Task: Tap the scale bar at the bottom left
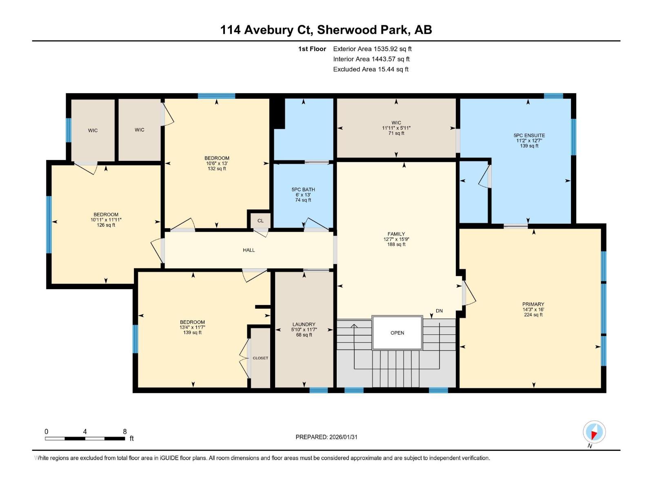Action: [85, 439]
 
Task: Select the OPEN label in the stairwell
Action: [397, 333]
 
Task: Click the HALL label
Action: [249, 250]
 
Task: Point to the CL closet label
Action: [261, 221]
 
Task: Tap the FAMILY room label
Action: [396, 234]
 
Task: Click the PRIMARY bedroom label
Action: [533, 304]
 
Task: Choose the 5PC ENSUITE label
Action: [529, 136]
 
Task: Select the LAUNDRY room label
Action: [304, 324]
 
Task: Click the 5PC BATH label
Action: [303, 189]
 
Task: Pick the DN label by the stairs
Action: [439, 311]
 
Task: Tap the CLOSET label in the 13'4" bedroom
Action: [260, 358]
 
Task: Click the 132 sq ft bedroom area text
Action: [217, 169]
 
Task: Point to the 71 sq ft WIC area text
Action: [396, 133]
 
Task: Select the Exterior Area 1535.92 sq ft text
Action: [372, 49]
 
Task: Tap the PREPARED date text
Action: [326, 437]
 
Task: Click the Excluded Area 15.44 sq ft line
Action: [371, 69]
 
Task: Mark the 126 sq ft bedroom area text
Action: [106, 225]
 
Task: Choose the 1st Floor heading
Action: [312, 49]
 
